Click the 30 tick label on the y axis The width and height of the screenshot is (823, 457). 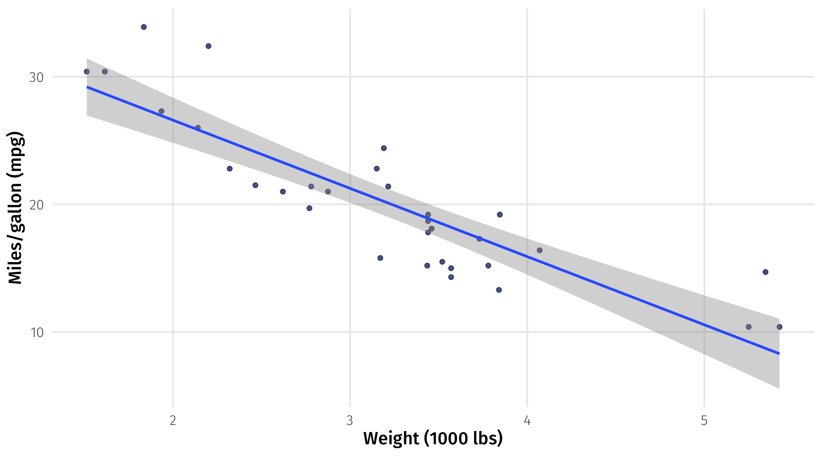[36, 78]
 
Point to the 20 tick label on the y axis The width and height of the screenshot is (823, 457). [36, 205]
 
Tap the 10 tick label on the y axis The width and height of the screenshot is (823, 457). [37, 333]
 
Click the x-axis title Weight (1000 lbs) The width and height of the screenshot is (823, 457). [433, 438]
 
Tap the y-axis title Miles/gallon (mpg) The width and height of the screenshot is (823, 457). [15, 208]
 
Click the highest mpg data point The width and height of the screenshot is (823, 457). [144, 27]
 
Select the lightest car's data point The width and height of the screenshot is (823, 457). [87, 71]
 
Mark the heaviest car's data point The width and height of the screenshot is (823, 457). [780, 327]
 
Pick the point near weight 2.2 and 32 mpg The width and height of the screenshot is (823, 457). [208, 46]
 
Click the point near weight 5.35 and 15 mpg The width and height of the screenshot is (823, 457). [766, 272]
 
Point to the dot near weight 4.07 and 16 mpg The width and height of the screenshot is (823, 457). [539, 250]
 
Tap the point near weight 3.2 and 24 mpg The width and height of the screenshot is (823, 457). [384, 148]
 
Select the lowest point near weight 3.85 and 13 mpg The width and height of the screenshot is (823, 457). [499, 290]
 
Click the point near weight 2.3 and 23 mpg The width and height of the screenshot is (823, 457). [229, 169]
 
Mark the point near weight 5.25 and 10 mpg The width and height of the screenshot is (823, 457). [749, 327]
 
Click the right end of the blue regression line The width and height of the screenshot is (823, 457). [779, 354]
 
